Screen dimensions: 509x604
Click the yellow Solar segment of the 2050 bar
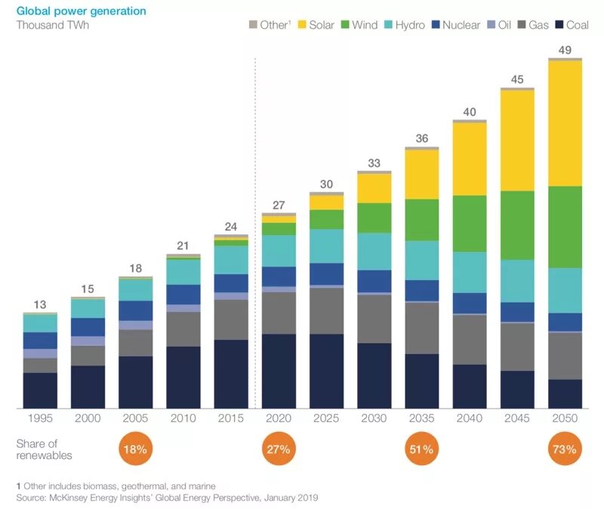pos(565,123)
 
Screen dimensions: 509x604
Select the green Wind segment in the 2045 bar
pos(517,225)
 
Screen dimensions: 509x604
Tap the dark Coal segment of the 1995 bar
pos(40,390)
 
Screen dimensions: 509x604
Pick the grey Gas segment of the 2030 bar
pos(374,319)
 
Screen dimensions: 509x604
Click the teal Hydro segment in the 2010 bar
pos(183,271)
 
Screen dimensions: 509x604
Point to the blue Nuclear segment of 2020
pos(279,276)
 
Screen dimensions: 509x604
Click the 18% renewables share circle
pos(136,449)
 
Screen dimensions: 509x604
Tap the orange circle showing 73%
pos(565,449)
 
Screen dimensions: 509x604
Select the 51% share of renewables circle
pos(421,449)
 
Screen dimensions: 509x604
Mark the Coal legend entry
pos(572,25)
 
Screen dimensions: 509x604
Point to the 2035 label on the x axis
pos(421,418)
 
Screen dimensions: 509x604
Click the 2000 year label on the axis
pos(88,418)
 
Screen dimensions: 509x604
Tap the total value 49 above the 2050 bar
pos(565,51)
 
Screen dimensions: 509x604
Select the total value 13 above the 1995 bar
pos(40,305)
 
